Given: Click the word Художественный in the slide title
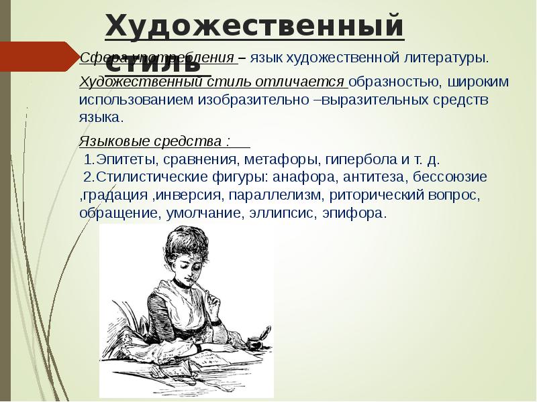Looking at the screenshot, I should pos(254,27).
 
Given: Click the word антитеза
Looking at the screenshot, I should pos(372,178).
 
